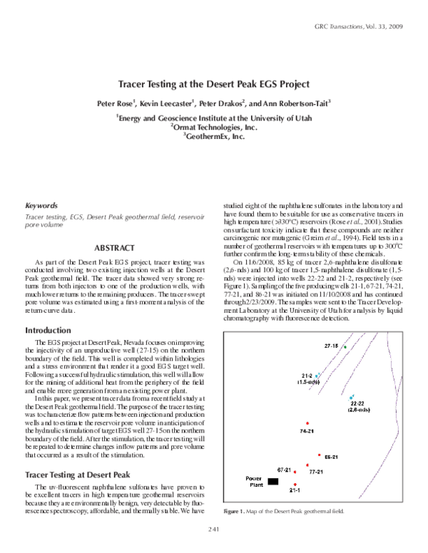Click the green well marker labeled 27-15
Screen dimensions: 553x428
tap(346, 347)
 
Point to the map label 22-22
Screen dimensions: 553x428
tap(357, 403)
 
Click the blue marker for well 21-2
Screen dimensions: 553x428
tap(317, 375)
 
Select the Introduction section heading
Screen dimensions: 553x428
tap(52, 331)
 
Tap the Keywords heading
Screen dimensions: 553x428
tap(41, 205)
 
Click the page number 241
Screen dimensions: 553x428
tap(214, 528)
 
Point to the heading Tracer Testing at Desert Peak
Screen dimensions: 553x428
tap(76, 474)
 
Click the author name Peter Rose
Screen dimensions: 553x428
tap(116, 103)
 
